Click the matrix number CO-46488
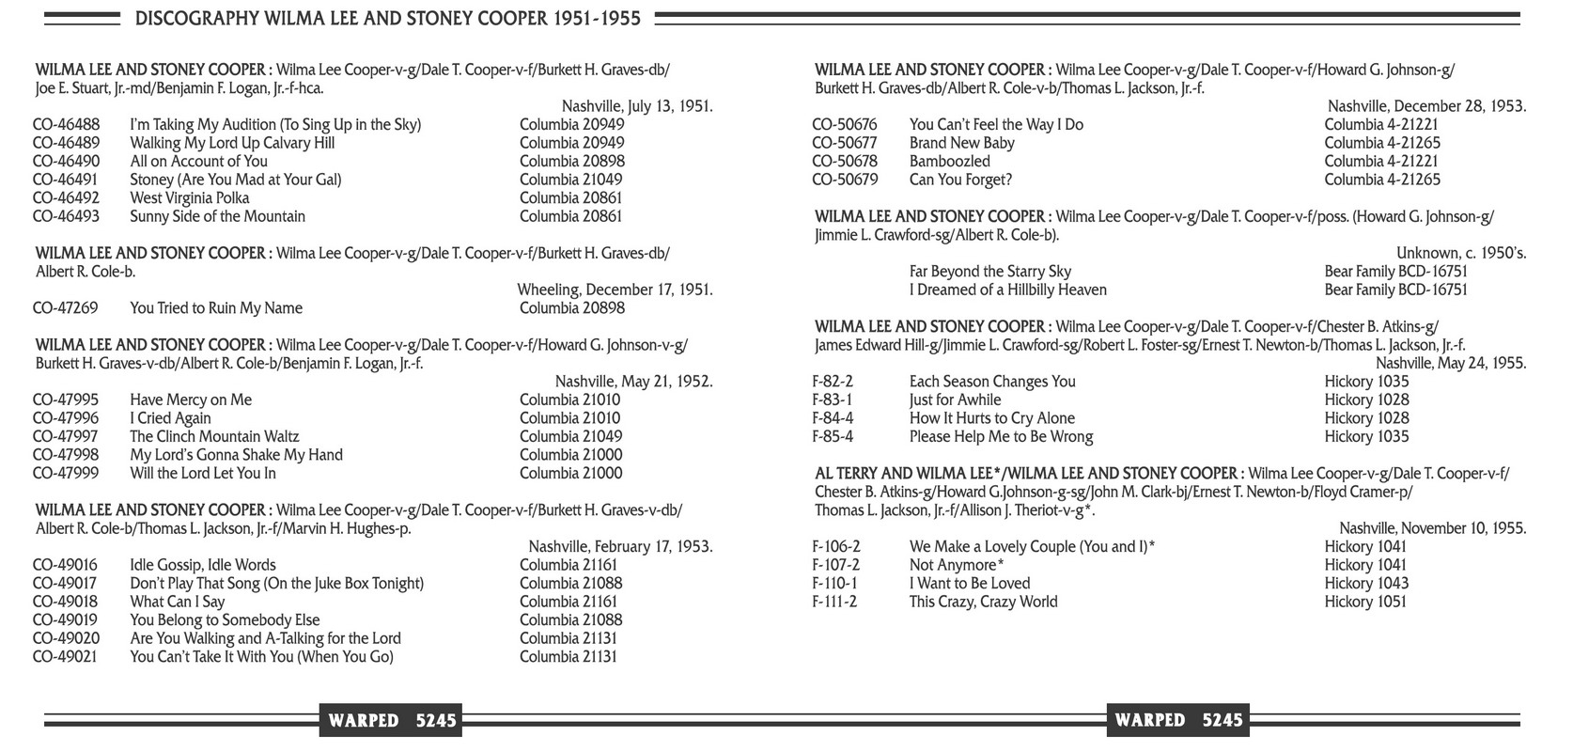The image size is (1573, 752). pyautogui.click(x=66, y=124)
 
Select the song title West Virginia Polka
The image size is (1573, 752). pyautogui.click(x=190, y=197)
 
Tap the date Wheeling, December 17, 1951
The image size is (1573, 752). pyautogui.click(x=615, y=290)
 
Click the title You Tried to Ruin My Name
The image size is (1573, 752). pyautogui.click(x=216, y=307)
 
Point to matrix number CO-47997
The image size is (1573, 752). pyautogui.click(x=66, y=436)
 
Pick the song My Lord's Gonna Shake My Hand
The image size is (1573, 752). pyautogui.click(x=236, y=455)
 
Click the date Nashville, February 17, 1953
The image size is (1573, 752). pyautogui.click(x=620, y=546)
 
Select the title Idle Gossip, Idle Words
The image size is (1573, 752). pyautogui.click(x=203, y=565)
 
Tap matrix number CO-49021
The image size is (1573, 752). pyautogui.click(x=66, y=656)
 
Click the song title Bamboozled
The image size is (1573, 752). pyautogui.click(x=950, y=161)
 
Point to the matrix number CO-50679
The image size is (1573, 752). pyautogui.click(x=845, y=180)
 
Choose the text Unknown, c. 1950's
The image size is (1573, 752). pyautogui.click(x=1461, y=253)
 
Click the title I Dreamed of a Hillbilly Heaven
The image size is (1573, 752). pyautogui.click(x=1008, y=290)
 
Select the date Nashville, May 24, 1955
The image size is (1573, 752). pyautogui.click(x=1451, y=363)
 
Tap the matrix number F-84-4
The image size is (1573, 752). pyautogui.click(x=833, y=418)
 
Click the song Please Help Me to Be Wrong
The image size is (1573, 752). pyautogui.click(x=1002, y=436)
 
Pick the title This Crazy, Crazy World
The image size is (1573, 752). pyautogui.click(x=984, y=602)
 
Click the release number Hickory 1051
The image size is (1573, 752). pyautogui.click(x=1366, y=602)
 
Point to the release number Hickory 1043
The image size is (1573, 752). pyautogui.click(x=1366, y=583)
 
